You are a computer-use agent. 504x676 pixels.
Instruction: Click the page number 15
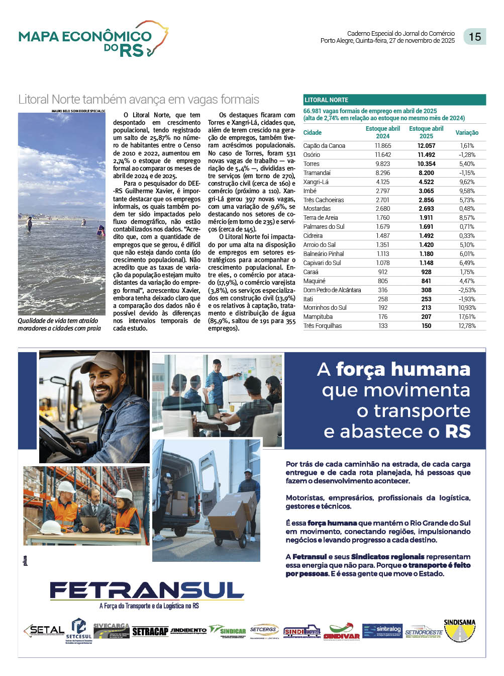click(x=474, y=37)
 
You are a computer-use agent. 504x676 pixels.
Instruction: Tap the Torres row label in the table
click(x=311, y=164)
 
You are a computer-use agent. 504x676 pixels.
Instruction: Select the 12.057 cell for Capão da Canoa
click(x=426, y=146)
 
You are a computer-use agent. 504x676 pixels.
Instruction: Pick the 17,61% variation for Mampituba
click(x=466, y=317)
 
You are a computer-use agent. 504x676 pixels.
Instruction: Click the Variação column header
click(x=467, y=133)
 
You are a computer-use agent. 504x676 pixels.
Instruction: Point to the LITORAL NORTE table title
click(x=327, y=100)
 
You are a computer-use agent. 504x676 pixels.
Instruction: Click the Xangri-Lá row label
click(x=316, y=182)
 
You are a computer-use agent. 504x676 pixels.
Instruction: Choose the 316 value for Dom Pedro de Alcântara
click(x=382, y=290)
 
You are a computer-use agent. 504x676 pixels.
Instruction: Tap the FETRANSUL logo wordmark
click(x=147, y=590)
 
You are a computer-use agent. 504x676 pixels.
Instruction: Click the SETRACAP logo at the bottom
click(x=150, y=632)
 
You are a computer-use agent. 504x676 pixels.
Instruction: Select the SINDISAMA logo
click(x=459, y=630)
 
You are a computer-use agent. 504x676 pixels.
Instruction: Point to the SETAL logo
click(x=44, y=631)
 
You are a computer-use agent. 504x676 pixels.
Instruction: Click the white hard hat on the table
click(x=50, y=527)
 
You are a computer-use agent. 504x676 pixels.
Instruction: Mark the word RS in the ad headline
click(x=457, y=432)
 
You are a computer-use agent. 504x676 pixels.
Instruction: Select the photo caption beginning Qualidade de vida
click(x=59, y=324)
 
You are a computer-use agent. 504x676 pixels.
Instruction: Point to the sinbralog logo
click(x=382, y=631)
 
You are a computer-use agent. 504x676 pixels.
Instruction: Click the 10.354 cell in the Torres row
click(x=426, y=164)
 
